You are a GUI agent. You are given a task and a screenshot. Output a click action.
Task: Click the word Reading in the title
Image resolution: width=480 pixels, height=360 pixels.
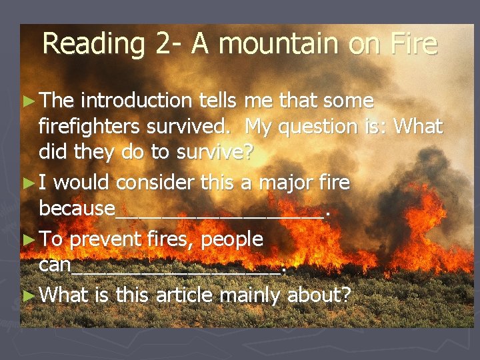(93, 44)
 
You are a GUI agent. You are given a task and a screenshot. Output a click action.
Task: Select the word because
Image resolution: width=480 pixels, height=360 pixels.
(77, 208)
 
